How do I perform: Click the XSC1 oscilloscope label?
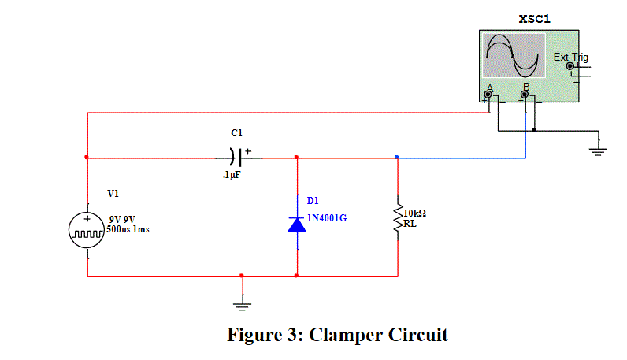tap(535, 18)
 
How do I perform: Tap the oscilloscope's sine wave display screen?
tap(513, 55)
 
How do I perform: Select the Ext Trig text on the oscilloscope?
tap(570, 57)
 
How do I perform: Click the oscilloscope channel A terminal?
tap(488, 95)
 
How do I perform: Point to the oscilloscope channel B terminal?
tap(525, 95)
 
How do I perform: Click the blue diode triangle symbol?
tap(296, 225)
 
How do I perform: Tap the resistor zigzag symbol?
tap(397, 217)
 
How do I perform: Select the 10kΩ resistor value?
tap(414, 213)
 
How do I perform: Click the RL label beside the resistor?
tap(410, 224)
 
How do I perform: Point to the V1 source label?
tap(114, 193)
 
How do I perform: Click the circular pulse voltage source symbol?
tap(87, 230)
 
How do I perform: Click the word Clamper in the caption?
tap(345, 334)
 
